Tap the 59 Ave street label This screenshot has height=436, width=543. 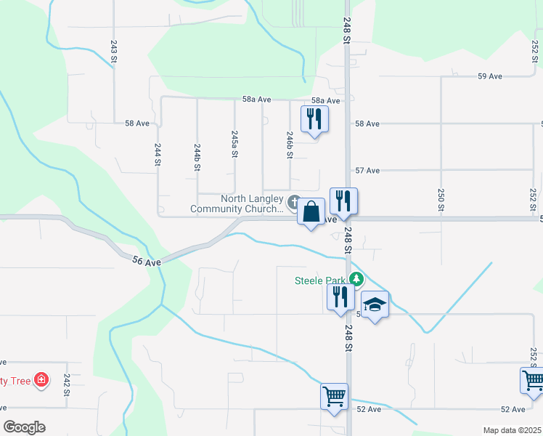(x=490, y=76)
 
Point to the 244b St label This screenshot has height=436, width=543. (x=197, y=156)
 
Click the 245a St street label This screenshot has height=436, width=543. (x=234, y=144)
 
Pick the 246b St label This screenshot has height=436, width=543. (x=290, y=145)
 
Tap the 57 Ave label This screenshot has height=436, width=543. (x=367, y=170)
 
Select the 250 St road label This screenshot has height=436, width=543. (x=440, y=198)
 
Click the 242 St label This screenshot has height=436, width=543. (x=66, y=384)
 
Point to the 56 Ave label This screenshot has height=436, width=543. (x=146, y=261)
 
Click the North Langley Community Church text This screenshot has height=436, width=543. (x=237, y=204)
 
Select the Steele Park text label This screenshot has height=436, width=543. (x=319, y=280)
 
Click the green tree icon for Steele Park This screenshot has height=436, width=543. (x=356, y=278)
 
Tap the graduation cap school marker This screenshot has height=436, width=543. (x=375, y=305)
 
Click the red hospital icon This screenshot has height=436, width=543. (x=42, y=379)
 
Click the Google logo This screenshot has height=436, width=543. (x=24, y=427)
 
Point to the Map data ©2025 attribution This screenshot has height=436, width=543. (x=512, y=430)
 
